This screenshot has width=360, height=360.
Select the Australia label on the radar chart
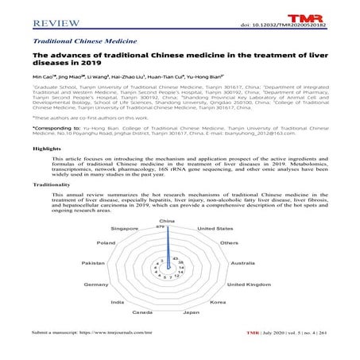(242, 262)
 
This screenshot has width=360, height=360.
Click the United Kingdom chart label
(248, 284)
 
